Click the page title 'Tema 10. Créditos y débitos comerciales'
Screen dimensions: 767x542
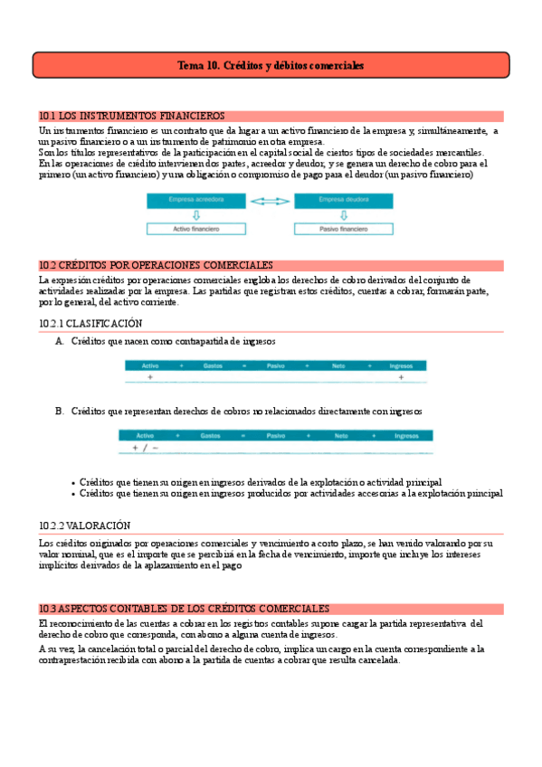[x=271, y=66]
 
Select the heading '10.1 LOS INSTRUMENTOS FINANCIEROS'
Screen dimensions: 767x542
[x=132, y=116]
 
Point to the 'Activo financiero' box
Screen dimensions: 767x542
[x=196, y=230]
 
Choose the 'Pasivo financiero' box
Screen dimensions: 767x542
[x=345, y=230]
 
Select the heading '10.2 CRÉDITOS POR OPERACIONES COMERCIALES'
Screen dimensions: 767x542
[x=156, y=265]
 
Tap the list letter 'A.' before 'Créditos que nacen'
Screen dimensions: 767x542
[x=60, y=341]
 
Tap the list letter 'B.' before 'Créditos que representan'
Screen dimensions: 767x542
[x=60, y=411]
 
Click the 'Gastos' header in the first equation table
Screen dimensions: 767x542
[x=214, y=365]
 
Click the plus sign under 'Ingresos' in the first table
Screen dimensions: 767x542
[x=400, y=376]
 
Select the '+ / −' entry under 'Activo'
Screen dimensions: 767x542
[x=145, y=448]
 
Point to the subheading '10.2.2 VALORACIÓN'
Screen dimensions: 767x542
[x=85, y=525]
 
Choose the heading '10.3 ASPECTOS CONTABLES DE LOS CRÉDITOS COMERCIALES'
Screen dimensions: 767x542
[x=184, y=609]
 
